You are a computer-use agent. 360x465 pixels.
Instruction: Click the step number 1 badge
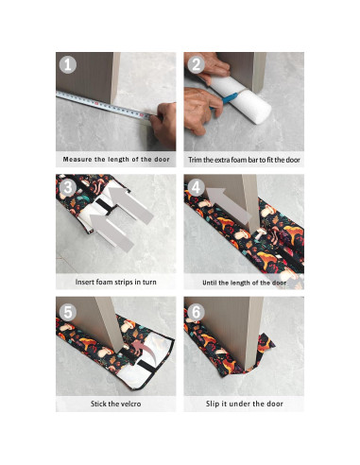pos(67,65)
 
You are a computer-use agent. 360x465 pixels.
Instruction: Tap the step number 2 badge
pos(196,65)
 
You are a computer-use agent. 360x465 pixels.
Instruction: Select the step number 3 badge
pos(67,187)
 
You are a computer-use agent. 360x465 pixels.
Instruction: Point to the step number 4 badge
pos(196,187)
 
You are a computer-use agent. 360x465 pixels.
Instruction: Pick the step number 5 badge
pos(67,310)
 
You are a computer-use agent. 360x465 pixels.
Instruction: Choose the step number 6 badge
pos(196,310)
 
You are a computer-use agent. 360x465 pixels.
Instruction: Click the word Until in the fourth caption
pos(212,282)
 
